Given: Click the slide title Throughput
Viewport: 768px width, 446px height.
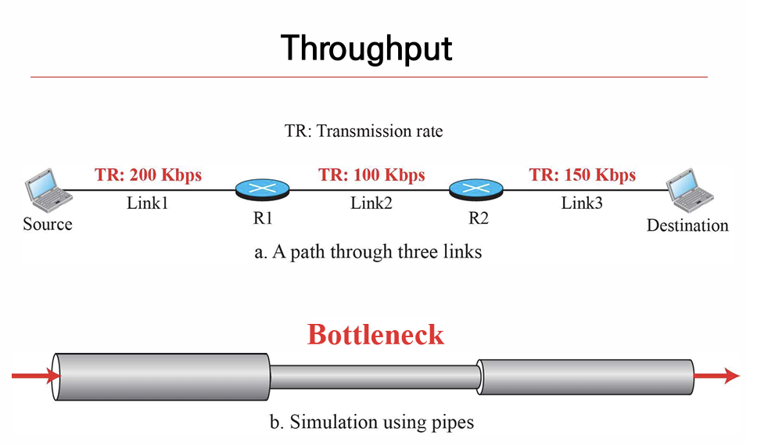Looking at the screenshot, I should (x=366, y=48).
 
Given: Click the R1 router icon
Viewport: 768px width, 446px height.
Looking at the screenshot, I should (x=262, y=189).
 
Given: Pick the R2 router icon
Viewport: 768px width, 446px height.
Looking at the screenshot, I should (x=476, y=189).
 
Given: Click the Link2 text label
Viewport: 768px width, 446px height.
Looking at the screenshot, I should (x=371, y=203).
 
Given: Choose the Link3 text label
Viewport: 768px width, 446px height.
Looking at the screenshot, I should (x=583, y=203).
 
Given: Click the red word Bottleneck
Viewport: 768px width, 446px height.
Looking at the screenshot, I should (x=375, y=334).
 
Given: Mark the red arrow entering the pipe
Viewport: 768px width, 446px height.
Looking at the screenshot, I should (x=36, y=376).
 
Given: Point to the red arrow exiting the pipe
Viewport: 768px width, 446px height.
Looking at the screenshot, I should (x=716, y=376).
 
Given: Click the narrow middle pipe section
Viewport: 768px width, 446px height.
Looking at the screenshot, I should (x=374, y=376).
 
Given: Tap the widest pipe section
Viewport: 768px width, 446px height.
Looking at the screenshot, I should (x=160, y=376).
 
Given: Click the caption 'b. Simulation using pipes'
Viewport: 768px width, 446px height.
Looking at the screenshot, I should (x=372, y=423).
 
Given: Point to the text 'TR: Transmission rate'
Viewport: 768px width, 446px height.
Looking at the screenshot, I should (x=364, y=131).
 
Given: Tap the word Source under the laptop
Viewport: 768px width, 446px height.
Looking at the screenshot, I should (x=47, y=225).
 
